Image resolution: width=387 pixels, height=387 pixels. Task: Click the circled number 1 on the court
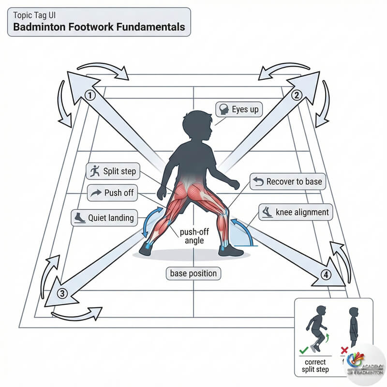click(89, 95)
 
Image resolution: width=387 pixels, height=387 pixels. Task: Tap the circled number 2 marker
click(297, 95)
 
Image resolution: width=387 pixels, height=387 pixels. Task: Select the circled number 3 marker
click(62, 293)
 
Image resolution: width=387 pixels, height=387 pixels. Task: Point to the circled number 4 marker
click(327, 275)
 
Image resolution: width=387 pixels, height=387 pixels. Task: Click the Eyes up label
click(238, 110)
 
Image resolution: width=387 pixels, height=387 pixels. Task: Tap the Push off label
click(112, 193)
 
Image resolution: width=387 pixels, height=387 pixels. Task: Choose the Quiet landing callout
click(103, 217)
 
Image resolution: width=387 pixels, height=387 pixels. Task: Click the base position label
click(193, 273)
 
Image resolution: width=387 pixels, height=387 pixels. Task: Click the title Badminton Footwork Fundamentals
click(99, 27)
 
